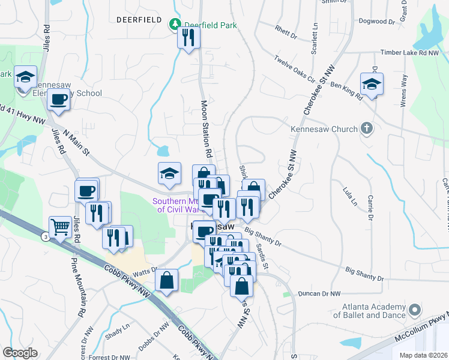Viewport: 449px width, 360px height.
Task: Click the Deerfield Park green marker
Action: pyautogui.click(x=175, y=25)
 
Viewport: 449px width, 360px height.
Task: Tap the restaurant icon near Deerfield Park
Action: pyautogui.click(x=188, y=38)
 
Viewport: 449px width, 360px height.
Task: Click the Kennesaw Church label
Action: pyautogui.click(x=324, y=129)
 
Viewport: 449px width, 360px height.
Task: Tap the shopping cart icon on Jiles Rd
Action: pyautogui.click(x=59, y=227)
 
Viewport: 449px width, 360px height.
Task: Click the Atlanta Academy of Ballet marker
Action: pyautogui.click(x=415, y=310)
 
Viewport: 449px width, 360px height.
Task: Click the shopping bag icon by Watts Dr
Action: pyautogui.click(x=166, y=281)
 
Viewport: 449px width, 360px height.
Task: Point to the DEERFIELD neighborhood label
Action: pyautogui.click(x=139, y=20)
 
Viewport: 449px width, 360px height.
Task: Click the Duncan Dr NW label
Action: pyautogui.click(x=319, y=294)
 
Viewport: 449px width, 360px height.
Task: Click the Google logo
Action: pyautogui.click(x=20, y=352)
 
